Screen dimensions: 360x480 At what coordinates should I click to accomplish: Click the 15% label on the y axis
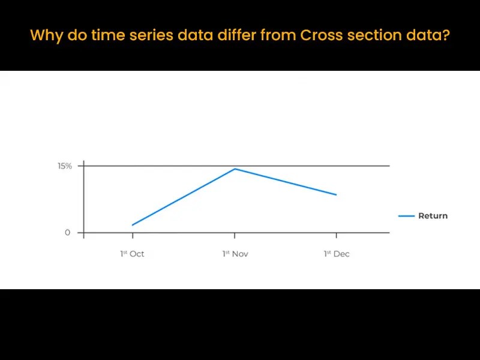(65, 166)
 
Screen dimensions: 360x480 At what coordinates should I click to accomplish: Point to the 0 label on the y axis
(68, 233)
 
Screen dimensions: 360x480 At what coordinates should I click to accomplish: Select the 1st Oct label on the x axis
(132, 254)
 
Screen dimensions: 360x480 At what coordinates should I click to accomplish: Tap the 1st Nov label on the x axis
(235, 254)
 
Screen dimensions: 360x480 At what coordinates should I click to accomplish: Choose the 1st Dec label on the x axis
(337, 254)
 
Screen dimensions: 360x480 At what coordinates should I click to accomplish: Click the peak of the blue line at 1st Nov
(235, 169)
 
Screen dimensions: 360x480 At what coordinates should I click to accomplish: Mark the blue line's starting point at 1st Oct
(132, 225)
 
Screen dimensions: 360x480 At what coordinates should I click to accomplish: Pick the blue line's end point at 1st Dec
(337, 195)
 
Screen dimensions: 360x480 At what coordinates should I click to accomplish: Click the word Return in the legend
(433, 216)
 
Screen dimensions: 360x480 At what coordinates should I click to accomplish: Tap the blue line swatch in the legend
(407, 216)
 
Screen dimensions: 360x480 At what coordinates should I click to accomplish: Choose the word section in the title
(371, 35)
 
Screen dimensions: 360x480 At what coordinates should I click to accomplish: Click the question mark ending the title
(445, 35)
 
